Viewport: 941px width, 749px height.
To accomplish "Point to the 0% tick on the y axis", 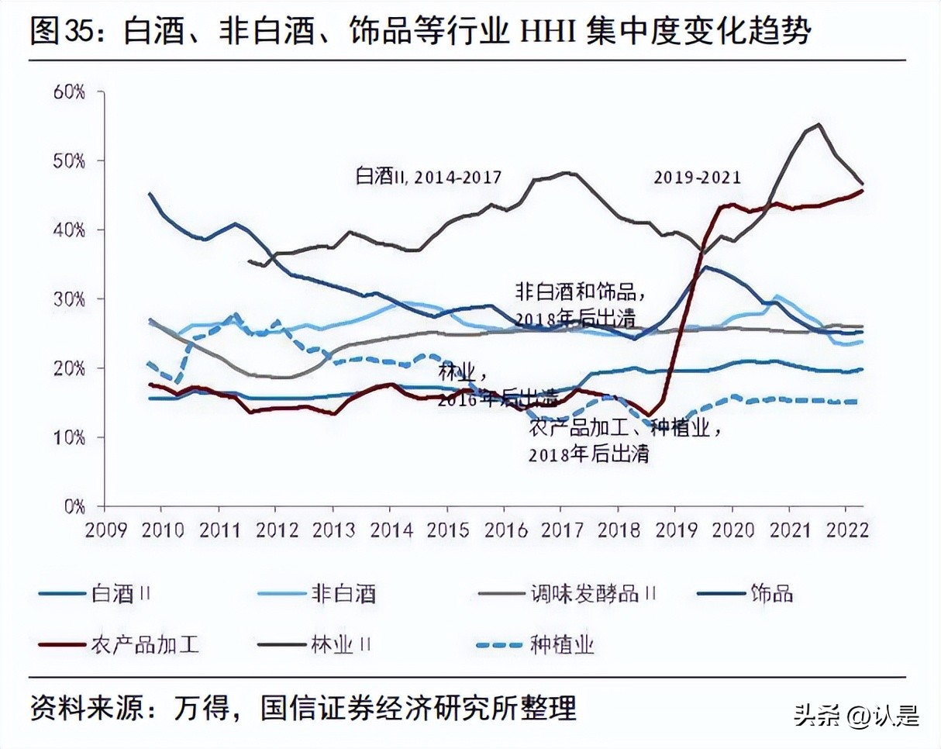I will tap(74, 506).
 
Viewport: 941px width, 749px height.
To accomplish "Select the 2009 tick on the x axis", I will tap(105, 530).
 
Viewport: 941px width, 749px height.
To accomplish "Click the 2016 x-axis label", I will tap(505, 530).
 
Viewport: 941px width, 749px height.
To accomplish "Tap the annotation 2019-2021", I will tap(697, 178).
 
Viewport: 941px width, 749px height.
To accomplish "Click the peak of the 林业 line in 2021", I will tap(819, 124).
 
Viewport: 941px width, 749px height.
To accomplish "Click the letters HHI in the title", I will tap(536, 33).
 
